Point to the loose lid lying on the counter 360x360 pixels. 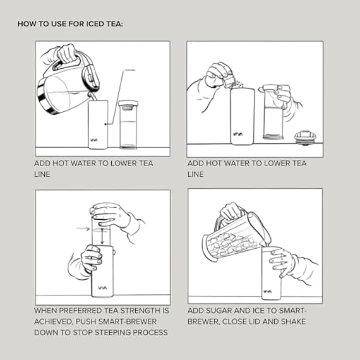coord(304,137)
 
